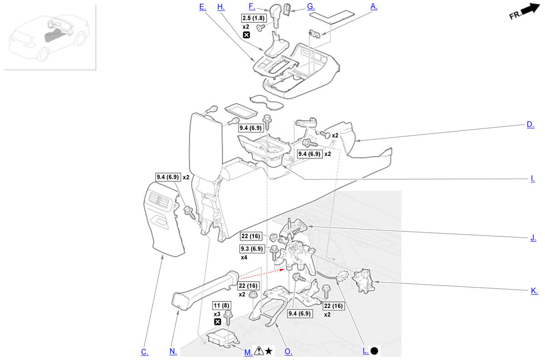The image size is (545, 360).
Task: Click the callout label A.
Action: [374, 6]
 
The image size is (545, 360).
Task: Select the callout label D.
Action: [530, 125]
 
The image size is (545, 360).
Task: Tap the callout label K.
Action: [534, 291]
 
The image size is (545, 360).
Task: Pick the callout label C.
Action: [144, 351]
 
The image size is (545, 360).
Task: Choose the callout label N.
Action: [173, 351]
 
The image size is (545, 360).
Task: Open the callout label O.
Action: [288, 351]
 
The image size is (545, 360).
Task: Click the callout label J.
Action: [533, 237]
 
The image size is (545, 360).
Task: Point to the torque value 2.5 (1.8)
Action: [253, 18]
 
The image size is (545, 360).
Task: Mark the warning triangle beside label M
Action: [258, 350]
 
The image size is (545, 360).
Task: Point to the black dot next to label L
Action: [374, 351]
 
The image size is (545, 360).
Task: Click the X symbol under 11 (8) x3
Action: [218, 322]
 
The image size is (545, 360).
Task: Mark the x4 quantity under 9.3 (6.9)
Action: [244, 257]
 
